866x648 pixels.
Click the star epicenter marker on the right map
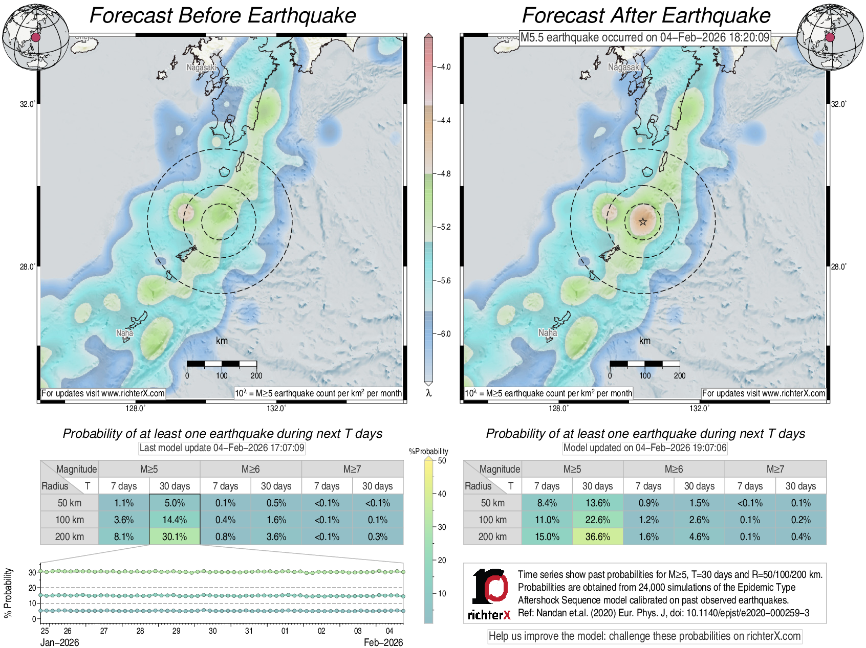[643, 221]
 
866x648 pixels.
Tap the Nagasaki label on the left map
[201, 68]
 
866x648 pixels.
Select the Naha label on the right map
[547, 332]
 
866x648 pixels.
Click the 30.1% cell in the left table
[175, 537]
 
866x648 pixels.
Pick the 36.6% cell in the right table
[597, 537]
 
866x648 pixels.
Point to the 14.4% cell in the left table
[175, 520]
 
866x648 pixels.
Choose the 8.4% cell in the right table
[547, 503]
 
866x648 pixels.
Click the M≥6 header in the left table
[250, 469]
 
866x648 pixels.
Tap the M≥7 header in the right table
[775, 469]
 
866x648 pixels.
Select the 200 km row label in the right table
[492, 537]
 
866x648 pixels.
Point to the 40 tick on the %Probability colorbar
[442, 494]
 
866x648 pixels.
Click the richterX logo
[489, 593]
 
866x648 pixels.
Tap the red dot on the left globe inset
[36, 37]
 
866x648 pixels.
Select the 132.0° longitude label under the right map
[699, 408]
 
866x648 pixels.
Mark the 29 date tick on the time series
[176, 631]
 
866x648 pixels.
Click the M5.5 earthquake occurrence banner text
[645, 37]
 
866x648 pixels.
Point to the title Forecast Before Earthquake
[223, 15]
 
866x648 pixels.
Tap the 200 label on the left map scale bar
[256, 375]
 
